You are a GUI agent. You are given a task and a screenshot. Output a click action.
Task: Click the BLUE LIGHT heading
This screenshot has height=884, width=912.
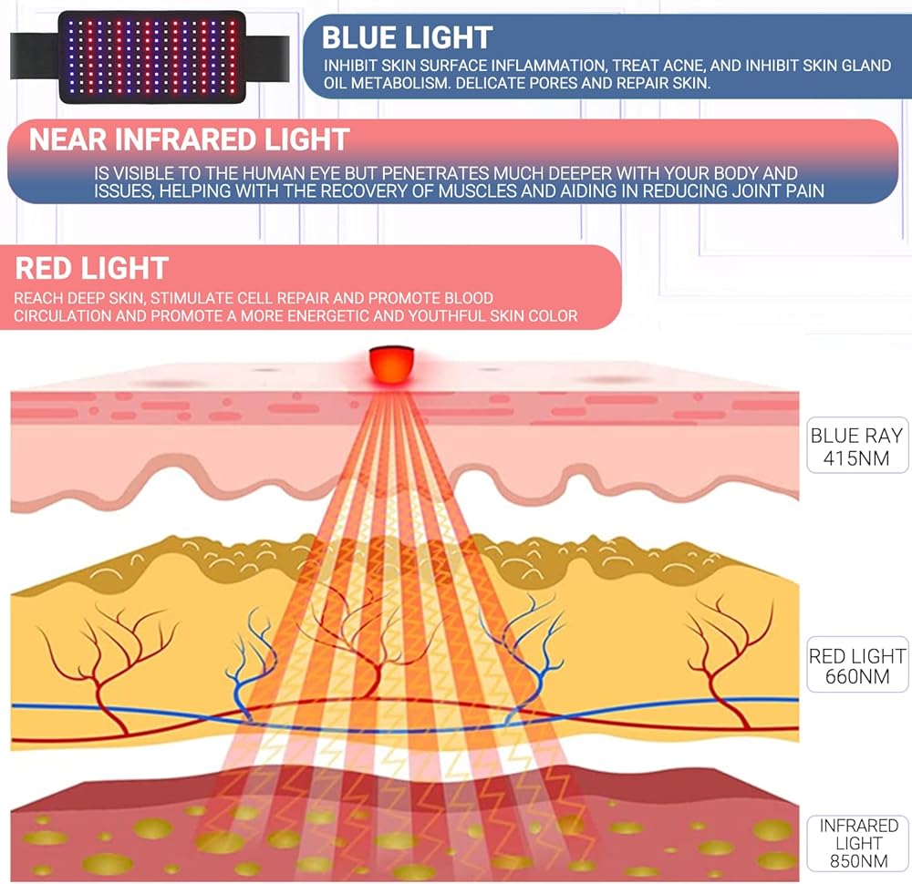pyautogui.click(x=407, y=37)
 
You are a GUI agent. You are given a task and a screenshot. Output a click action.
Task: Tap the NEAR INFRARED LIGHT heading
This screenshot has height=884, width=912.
pyautogui.click(x=190, y=139)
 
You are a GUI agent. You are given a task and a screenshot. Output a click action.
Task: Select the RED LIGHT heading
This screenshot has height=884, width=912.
pyautogui.click(x=92, y=268)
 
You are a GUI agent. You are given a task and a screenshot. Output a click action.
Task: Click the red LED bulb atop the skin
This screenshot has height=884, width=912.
pyautogui.click(x=391, y=362)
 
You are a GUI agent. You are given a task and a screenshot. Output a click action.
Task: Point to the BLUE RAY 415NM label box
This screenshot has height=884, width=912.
pyautogui.click(x=858, y=446)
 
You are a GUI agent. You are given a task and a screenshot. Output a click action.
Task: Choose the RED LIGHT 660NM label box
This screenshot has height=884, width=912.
pyautogui.click(x=858, y=665)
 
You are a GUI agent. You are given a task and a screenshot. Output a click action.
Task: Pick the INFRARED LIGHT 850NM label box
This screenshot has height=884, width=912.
pyautogui.click(x=858, y=842)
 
